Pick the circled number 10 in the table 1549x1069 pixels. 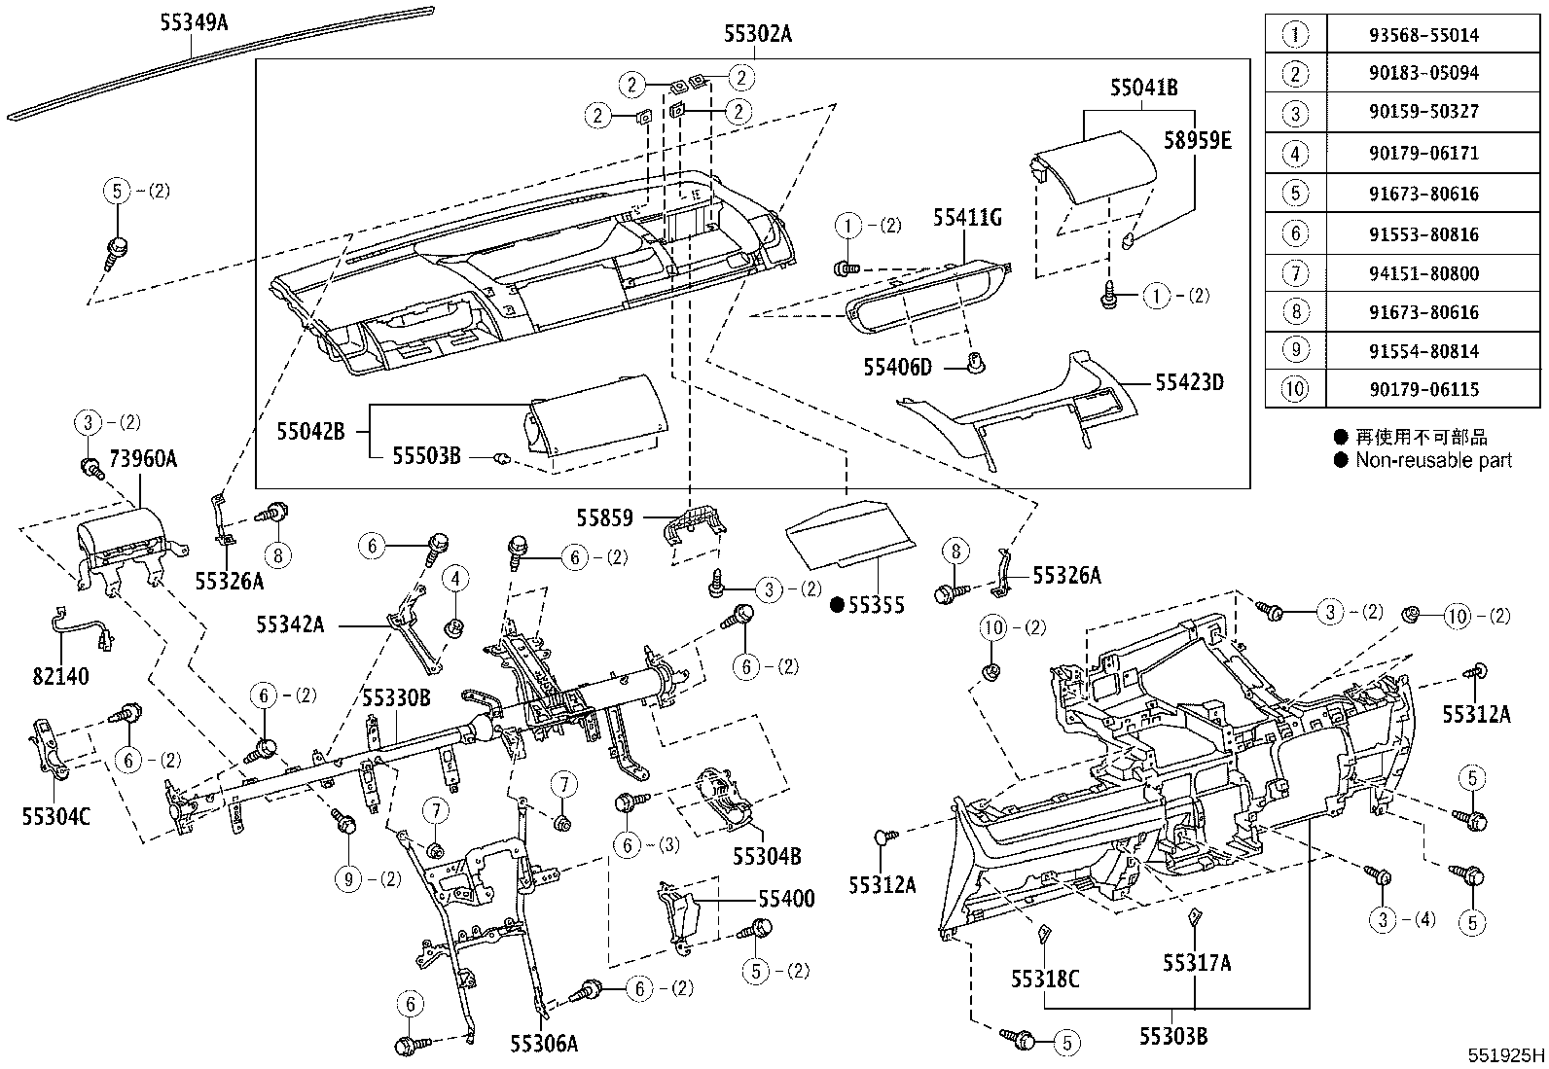coord(1295,390)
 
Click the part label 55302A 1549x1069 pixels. coord(757,36)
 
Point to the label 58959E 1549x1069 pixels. coord(1198,141)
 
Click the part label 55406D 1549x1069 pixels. coord(897,367)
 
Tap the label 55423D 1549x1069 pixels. coord(1189,382)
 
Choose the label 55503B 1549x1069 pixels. coord(426,454)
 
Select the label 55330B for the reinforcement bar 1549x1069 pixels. coord(396,697)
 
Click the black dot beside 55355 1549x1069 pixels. coord(836,605)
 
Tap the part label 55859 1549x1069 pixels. coord(604,518)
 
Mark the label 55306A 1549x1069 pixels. coord(544,1043)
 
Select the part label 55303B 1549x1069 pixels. coord(1173,1036)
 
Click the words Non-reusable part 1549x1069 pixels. coord(1433,460)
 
